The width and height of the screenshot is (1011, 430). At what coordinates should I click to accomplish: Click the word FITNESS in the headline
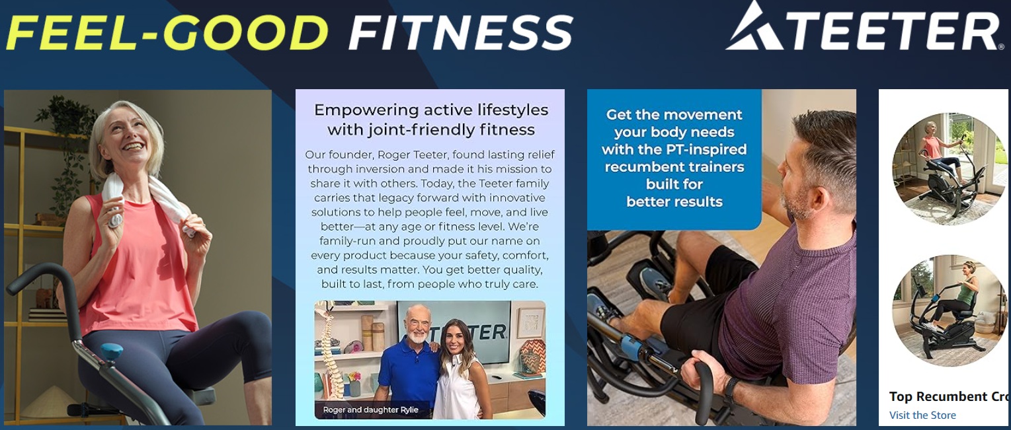pos(461,32)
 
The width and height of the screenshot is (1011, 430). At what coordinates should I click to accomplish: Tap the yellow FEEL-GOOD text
pos(167,32)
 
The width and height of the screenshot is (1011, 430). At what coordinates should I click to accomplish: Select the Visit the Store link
pos(922,415)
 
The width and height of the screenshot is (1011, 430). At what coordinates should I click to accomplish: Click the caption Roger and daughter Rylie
pos(370,410)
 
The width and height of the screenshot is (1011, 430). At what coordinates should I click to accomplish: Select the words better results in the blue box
pos(674,201)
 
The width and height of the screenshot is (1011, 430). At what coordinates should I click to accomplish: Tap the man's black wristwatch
pos(731,388)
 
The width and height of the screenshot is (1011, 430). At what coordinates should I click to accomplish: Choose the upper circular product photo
pos(948,169)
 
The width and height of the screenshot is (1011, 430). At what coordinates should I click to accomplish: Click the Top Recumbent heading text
pos(948,397)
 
